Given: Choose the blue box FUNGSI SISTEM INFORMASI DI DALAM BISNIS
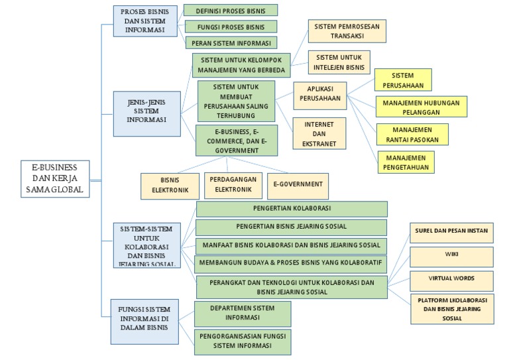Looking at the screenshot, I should [145, 321].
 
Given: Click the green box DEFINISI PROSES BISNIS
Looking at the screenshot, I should [230, 10].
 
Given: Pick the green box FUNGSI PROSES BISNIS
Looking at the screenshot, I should [230, 27].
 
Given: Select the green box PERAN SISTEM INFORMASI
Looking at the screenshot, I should [230, 43].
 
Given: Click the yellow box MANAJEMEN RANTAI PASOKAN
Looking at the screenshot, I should [412, 134].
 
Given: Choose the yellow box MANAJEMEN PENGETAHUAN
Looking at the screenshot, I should [406, 162].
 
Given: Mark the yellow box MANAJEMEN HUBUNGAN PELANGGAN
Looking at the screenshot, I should [421, 105].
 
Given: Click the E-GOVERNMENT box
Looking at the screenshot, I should [298, 185].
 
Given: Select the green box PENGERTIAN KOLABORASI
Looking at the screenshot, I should [292, 209].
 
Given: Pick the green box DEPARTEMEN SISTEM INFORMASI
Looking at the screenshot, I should [243, 312].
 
